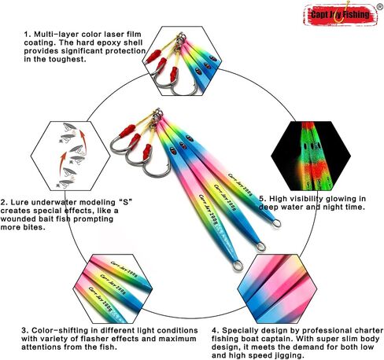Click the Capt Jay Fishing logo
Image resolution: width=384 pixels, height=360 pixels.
click(341, 14)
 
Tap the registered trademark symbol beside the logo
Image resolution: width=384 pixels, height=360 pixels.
click(379, 7)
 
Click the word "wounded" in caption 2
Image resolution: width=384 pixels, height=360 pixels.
click(18, 219)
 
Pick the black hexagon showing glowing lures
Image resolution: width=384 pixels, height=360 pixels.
click(311, 156)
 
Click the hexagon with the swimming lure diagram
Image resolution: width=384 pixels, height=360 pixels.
click(71, 156)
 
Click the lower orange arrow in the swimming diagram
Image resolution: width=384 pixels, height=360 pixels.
click(62, 163)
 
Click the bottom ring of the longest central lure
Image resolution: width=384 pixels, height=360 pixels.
click(238, 266)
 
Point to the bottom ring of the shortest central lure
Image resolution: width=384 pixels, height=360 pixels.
click(275, 223)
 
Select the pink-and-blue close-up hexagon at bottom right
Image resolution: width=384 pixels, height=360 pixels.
click(277, 288)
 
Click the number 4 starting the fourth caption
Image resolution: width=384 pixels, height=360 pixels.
click(215, 331)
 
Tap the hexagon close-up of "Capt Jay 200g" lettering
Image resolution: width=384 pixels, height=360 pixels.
click(113, 288)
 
